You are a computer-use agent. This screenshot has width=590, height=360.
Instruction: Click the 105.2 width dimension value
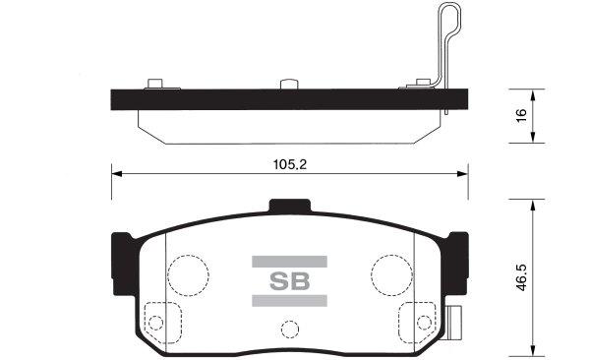[288, 165]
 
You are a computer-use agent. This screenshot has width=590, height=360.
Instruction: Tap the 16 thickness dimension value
[523, 114]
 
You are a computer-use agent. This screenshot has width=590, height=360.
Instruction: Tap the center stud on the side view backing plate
[289, 85]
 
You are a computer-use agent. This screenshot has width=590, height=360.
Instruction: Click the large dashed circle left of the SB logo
[190, 272]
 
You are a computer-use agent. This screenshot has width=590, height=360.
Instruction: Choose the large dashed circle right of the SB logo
[389, 272]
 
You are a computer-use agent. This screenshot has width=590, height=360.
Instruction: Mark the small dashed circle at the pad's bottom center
[289, 330]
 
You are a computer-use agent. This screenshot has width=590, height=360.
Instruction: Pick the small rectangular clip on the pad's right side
[455, 319]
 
